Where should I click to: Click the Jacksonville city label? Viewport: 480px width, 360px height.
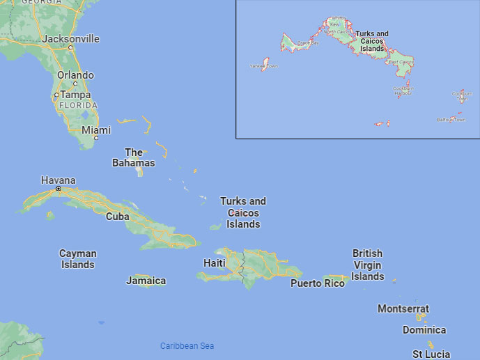(x=70, y=39)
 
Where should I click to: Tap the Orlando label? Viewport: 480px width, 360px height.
(x=75, y=75)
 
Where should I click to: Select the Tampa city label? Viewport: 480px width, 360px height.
(x=75, y=95)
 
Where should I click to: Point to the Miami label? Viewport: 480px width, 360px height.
(x=96, y=130)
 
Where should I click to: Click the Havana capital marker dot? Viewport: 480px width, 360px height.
(x=59, y=189)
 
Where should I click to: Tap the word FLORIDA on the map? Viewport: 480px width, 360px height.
(x=77, y=105)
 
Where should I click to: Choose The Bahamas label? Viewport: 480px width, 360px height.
(x=134, y=157)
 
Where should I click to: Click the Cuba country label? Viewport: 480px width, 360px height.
(x=117, y=217)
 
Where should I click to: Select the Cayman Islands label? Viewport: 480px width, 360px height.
(x=77, y=259)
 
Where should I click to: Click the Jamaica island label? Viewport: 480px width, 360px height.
(x=146, y=281)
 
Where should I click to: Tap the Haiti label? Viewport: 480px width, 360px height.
(x=214, y=263)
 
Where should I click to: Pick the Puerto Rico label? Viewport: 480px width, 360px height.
(x=318, y=283)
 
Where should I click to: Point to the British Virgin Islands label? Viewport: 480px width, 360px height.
(x=368, y=265)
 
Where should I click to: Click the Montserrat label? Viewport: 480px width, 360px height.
(x=403, y=308)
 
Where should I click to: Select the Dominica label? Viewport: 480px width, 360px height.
(x=424, y=330)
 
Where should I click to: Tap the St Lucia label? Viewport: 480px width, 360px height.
(x=431, y=354)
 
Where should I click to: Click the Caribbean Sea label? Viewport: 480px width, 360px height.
(x=187, y=346)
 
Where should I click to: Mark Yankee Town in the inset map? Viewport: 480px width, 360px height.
(x=263, y=66)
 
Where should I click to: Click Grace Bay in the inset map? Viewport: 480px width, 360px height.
(x=308, y=43)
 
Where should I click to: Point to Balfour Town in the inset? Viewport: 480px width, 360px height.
(x=451, y=119)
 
